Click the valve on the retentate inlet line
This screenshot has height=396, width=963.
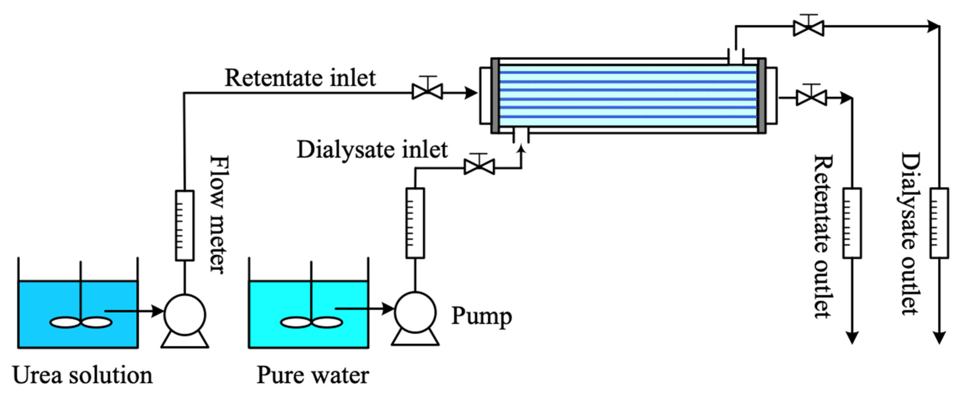[x=427, y=92]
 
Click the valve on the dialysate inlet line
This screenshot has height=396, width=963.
[x=479, y=167]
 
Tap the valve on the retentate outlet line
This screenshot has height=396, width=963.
[x=811, y=98]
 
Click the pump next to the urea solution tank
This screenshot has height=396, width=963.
[x=185, y=315]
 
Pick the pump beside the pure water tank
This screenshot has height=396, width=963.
[x=415, y=312]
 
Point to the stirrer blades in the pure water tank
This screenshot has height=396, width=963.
[x=311, y=322]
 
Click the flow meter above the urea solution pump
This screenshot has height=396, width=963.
[x=185, y=225]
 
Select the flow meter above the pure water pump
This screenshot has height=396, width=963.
[x=415, y=223]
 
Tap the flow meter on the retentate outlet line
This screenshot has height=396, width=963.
[x=852, y=223]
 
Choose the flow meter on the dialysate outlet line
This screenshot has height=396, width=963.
[x=939, y=223]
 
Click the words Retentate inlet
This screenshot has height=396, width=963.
[x=300, y=78]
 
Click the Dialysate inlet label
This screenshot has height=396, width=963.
[x=372, y=150]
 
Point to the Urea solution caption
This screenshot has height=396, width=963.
[x=82, y=375]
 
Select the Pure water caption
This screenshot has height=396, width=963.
[x=313, y=375]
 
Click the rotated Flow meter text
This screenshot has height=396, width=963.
[x=219, y=214]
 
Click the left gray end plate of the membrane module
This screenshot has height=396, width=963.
[x=495, y=96]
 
